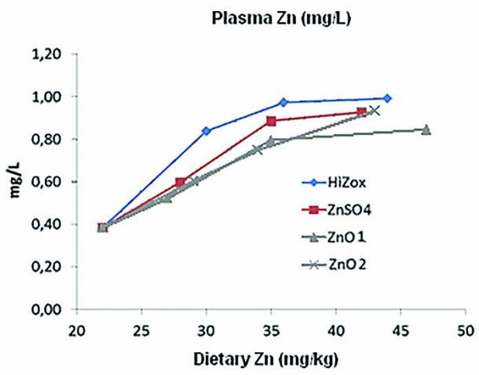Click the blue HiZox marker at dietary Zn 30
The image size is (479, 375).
(x=207, y=131)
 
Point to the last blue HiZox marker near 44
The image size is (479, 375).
(x=387, y=98)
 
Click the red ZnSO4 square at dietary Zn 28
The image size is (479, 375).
(x=181, y=182)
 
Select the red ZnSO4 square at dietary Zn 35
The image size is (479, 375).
(x=271, y=121)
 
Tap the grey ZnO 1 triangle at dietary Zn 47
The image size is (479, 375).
(x=426, y=129)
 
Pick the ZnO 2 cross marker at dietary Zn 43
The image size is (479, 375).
(x=375, y=110)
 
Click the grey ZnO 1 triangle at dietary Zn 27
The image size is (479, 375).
(x=166, y=198)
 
